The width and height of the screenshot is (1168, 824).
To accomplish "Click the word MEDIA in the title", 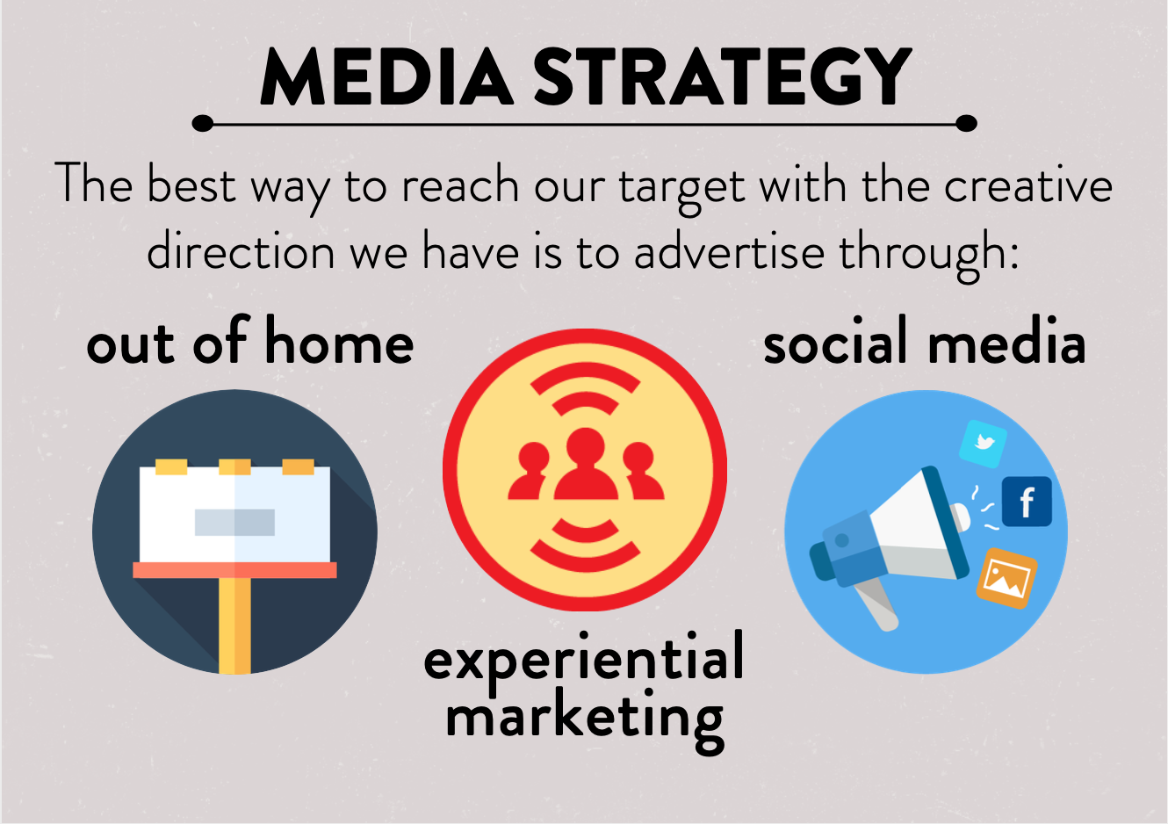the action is point(387,76).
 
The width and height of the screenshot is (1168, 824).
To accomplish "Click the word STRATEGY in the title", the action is point(723,76).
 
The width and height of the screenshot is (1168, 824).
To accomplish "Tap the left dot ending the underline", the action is point(203,123).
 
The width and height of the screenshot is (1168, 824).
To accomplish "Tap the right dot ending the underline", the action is point(966,123).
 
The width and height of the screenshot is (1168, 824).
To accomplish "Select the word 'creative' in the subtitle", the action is point(1028,185).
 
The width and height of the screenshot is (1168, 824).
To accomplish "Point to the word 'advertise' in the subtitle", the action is point(730,252).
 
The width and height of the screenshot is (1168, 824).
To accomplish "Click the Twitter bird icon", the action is point(984,444).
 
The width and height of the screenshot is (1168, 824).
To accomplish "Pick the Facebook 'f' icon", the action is point(1027,502).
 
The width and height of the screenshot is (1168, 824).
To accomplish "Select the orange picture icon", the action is point(1006,578).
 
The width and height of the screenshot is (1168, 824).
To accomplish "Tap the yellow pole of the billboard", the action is point(234,625).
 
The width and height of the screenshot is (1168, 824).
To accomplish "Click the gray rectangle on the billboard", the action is point(234,522).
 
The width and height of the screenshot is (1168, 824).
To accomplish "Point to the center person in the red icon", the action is point(586,464).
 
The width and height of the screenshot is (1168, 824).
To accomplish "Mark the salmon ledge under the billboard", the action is point(234,570).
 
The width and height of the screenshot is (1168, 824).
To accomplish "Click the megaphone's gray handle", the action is point(876,605).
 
